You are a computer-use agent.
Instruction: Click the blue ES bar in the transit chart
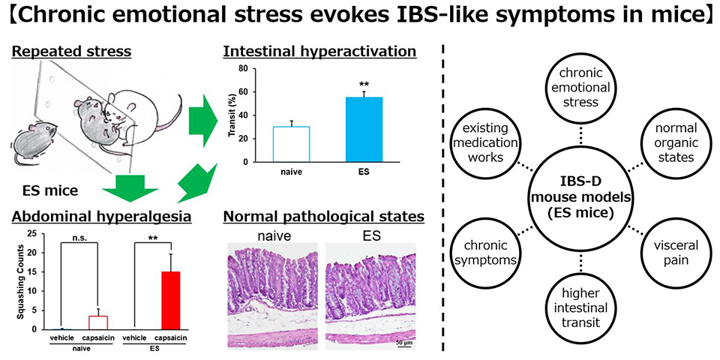[363, 129]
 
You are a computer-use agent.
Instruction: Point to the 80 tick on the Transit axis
[243, 68]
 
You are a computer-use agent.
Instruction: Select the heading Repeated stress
[72, 52]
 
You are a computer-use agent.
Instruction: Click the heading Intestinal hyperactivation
[319, 52]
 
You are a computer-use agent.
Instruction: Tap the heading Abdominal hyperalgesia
[101, 217]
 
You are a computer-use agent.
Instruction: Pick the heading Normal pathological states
[323, 217]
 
